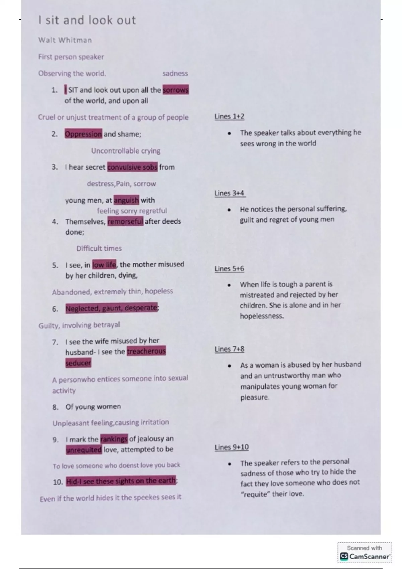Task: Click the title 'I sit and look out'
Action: [87, 20]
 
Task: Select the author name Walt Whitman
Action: [65, 40]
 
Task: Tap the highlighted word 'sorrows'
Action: [176, 90]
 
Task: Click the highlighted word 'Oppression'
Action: [83, 134]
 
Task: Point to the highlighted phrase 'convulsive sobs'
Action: [132, 167]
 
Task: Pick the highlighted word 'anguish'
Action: [126, 200]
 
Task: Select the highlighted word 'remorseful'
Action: [125, 221]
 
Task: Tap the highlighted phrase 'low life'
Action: [104, 265]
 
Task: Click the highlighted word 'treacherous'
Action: [146, 351]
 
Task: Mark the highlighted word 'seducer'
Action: [78, 363]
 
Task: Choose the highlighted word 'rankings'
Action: [114, 439]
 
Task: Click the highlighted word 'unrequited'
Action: [84, 450]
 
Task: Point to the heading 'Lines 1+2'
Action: [229, 116]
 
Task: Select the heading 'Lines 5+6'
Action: [229, 269]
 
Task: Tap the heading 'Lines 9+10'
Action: [232, 447]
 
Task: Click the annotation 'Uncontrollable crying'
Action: [126, 151]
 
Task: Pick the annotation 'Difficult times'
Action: [99, 248]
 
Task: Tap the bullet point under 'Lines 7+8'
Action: [229, 366]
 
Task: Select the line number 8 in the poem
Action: [55, 407]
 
